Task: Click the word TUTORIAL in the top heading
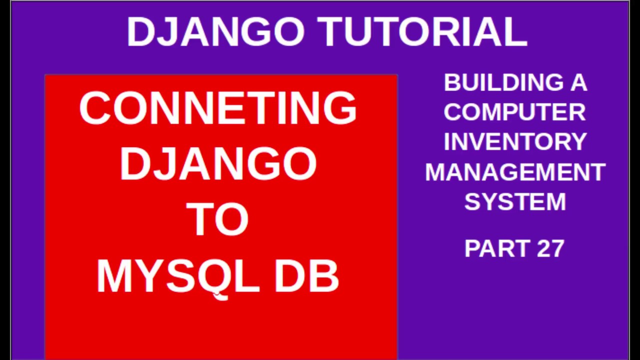pyautogui.click(x=422, y=31)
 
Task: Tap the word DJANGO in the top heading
pyautogui.click(x=215, y=31)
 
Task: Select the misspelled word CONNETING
pyautogui.click(x=218, y=108)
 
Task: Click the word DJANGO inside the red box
pyautogui.click(x=218, y=163)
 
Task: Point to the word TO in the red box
pyautogui.click(x=217, y=219)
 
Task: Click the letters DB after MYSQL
pyautogui.click(x=307, y=276)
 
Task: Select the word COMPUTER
pyautogui.click(x=515, y=112)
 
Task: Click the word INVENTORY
pyautogui.click(x=515, y=141)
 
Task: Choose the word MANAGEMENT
pyautogui.click(x=515, y=172)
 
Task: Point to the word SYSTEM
pyautogui.click(x=515, y=201)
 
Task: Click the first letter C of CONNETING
pyautogui.click(x=95, y=108)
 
